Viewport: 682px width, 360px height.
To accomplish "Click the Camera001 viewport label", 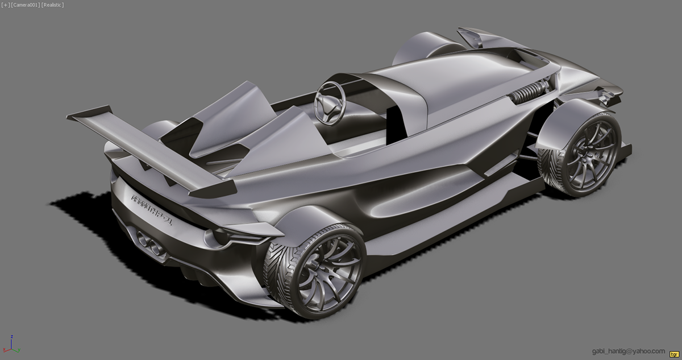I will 26,5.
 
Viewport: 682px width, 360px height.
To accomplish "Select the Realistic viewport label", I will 53,5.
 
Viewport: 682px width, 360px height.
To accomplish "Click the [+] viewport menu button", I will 6,5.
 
